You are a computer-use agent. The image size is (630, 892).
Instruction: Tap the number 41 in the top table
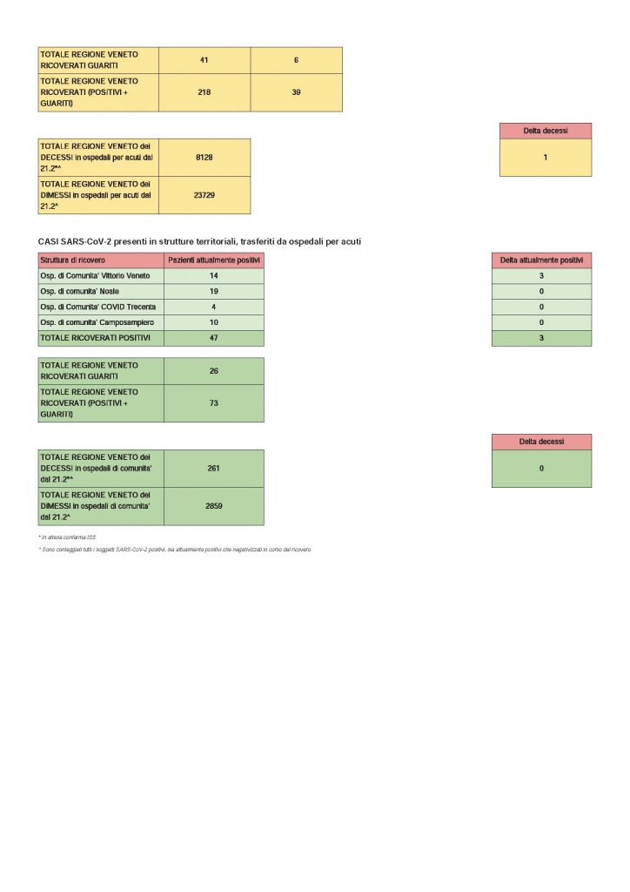(204, 60)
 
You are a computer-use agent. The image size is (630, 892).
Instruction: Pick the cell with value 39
(296, 92)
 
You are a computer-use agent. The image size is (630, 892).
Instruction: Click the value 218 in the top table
(204, 92)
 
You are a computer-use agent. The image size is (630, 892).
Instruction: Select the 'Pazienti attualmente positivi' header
(214, 260)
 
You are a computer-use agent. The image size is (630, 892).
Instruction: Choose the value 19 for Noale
(214, 291)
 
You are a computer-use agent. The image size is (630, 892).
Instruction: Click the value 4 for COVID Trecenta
(214, 307)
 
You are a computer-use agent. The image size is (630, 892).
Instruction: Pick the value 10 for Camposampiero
(214, 322)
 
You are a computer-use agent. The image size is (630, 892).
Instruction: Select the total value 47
(214, 338)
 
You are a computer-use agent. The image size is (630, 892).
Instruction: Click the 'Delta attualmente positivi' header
(541, 260)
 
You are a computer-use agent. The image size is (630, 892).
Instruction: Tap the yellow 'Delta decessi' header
(546, 131)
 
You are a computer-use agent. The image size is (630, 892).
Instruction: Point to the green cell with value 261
(214, 469)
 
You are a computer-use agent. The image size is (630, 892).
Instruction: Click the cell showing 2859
(214, 506)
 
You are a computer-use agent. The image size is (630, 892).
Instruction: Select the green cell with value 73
(214, 403)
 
